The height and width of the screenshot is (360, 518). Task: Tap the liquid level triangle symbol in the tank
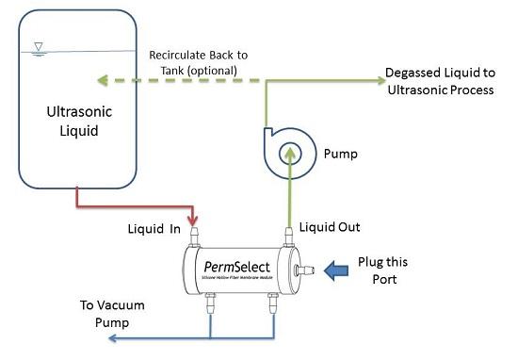(37, 45)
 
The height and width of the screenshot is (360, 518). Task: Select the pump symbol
(288, 149)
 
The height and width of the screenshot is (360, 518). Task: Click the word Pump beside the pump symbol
(340, 151)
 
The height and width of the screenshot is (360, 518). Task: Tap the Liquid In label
(154, 228)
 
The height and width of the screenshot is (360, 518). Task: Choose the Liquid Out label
(330, 227)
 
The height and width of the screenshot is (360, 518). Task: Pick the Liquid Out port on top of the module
(287, 233)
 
